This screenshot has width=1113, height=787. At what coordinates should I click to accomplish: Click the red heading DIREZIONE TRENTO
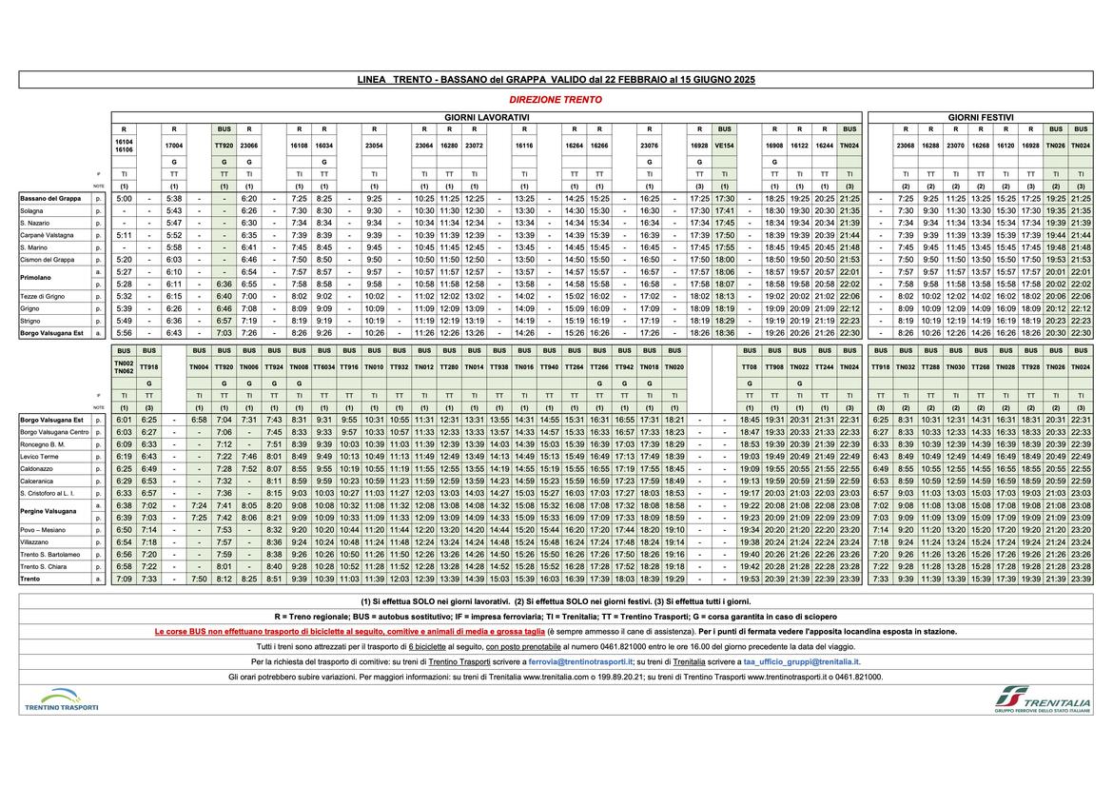[556, 99]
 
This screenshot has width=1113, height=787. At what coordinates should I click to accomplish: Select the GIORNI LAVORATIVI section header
[486, 116]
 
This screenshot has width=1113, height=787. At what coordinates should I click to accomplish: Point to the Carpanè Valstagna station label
[47, 235]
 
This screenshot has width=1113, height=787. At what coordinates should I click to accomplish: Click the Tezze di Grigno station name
[43, 296]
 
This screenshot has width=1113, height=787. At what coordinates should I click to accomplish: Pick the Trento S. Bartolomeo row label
[50, 554]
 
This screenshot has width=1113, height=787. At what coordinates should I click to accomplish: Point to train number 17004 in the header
[174, 147]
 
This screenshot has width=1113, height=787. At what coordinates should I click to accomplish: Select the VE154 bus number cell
[725, 147]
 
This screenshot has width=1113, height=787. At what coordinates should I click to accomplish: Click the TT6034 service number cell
[324, 366]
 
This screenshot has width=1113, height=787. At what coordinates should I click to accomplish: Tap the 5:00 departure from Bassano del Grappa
[125, 198]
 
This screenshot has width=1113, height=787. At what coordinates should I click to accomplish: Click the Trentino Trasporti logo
[62, 700]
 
